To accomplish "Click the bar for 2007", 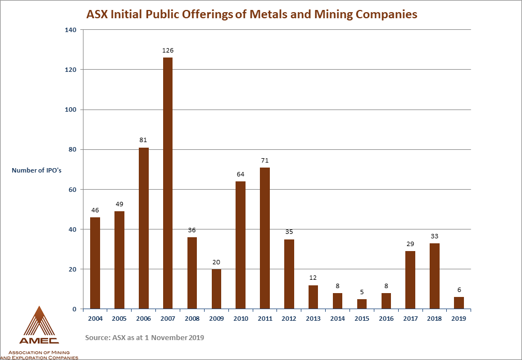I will pyautogui.click(x=168, y=183).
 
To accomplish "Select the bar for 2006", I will pyautogui.click(x=143, y=228).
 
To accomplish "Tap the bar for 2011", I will pyautogui.click(x=265, y=238).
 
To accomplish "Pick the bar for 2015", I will pyautogui.click(x=362, y=304).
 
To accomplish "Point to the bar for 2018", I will pyautogui.click(x=435, y=275).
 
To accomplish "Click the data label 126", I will pyautogui.click(x=168, y=50).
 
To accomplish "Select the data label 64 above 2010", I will pyautogui.click(x=241, y=174).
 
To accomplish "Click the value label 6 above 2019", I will pyautogui.click(x=459, y=290).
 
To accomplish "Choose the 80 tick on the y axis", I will pyautogui.click(x=71, y=150).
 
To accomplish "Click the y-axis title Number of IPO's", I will pyautogui.click(x=36, y=170).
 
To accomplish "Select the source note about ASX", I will pyautogui.click(x=145, y=337).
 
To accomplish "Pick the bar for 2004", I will pyautogui.click(x=95, y=263).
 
